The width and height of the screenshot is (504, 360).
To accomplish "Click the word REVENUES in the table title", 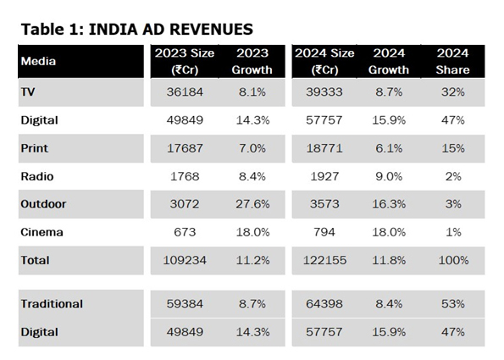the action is coord(211,30).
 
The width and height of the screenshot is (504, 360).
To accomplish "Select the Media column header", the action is coord(38,61).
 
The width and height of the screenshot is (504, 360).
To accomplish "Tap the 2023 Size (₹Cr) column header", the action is coord(185,61).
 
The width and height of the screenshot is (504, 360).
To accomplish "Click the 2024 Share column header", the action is coord(452,61).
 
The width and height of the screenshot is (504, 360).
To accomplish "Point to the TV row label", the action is coord(28,92).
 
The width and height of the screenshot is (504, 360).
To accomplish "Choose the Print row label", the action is coord(35,148).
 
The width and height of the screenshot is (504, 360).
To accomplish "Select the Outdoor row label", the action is coord(43,204).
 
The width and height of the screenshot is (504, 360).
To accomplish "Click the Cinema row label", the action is coord(42,232).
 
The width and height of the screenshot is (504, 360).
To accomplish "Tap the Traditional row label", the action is coord(52,304).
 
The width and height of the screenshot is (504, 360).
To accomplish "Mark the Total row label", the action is coord(35,260).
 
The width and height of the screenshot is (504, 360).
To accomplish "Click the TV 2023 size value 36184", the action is coord(185,92).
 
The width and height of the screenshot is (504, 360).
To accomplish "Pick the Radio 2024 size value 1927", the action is coord(324,176).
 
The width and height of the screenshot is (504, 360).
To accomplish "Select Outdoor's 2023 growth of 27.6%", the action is coord(252,204).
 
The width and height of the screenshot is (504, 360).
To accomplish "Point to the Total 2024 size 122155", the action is coord(325,260).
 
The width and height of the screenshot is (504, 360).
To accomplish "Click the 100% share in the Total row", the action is coord(453,260).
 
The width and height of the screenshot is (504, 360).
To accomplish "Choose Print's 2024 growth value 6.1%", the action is coord(389,148).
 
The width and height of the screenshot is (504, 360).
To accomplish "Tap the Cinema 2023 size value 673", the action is coord(185,232).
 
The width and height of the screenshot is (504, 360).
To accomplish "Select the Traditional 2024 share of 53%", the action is coord(453,304).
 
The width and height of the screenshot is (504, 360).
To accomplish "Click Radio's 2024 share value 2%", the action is coord(453,176).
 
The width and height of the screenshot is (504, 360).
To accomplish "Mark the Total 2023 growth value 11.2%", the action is coord(252,260).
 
